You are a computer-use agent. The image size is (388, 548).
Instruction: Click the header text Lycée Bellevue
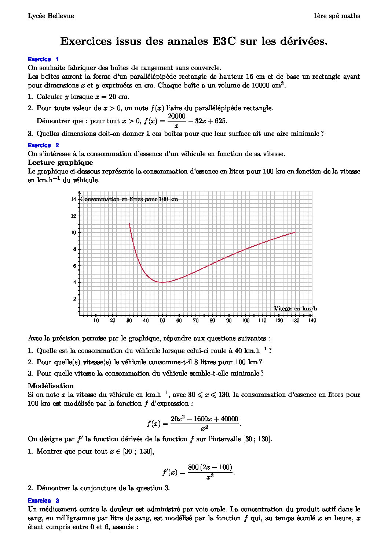51,16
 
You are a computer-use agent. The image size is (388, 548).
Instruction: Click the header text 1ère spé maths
337,16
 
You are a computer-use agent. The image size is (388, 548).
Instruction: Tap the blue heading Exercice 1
43,59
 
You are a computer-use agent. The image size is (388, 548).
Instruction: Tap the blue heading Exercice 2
43,145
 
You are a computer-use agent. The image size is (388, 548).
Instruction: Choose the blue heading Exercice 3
43,500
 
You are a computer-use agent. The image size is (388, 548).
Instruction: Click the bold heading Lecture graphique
61,163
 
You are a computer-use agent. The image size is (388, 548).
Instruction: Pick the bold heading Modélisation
51,385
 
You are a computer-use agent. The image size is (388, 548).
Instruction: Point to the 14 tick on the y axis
73,199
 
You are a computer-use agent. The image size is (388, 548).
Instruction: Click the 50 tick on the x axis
162,321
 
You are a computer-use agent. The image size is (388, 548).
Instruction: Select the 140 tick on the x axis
312,321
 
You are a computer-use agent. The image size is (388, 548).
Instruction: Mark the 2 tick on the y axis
74,299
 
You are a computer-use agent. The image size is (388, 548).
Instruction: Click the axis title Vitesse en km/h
296,309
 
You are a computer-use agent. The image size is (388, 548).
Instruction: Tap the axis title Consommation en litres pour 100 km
129,199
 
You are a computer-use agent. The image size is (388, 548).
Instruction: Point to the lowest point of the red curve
162,282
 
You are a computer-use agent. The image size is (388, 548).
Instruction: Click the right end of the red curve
295,232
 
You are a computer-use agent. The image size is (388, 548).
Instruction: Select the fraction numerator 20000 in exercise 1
176,116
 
